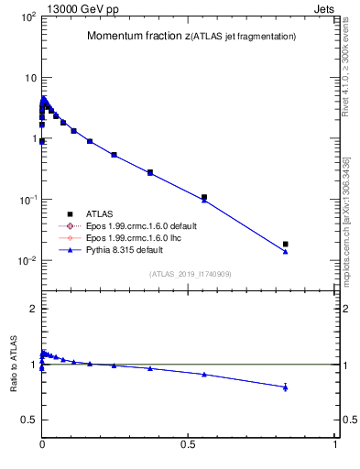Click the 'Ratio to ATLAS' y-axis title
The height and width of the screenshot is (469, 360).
pos(14,365)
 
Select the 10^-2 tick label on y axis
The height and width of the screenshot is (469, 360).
pos(26,261)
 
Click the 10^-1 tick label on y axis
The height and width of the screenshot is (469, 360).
pos(26,200)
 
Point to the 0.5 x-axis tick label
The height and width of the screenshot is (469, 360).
pos(189,443)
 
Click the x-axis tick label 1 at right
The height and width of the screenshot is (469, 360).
pos(335,443)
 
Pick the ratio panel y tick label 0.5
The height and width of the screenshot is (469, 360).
pos(27,420)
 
